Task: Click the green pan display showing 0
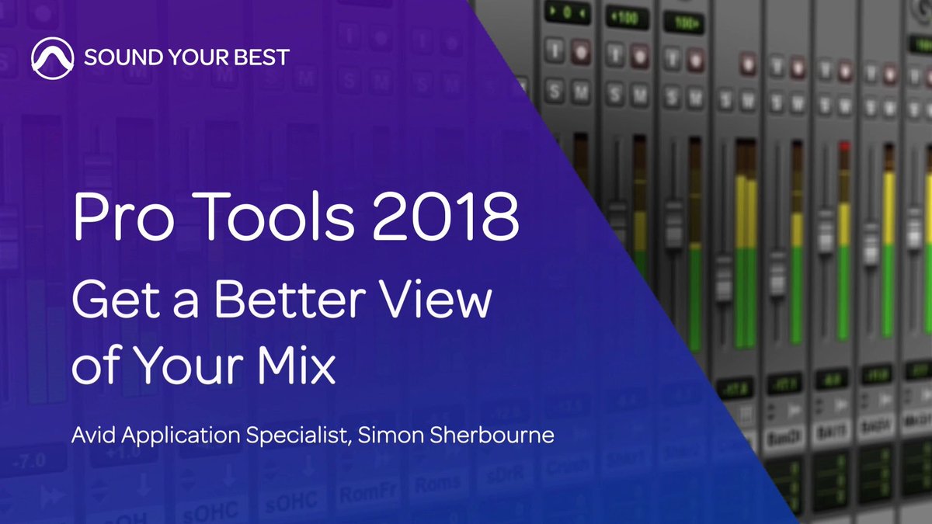pos(566,13)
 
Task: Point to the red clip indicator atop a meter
pos(844,146)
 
